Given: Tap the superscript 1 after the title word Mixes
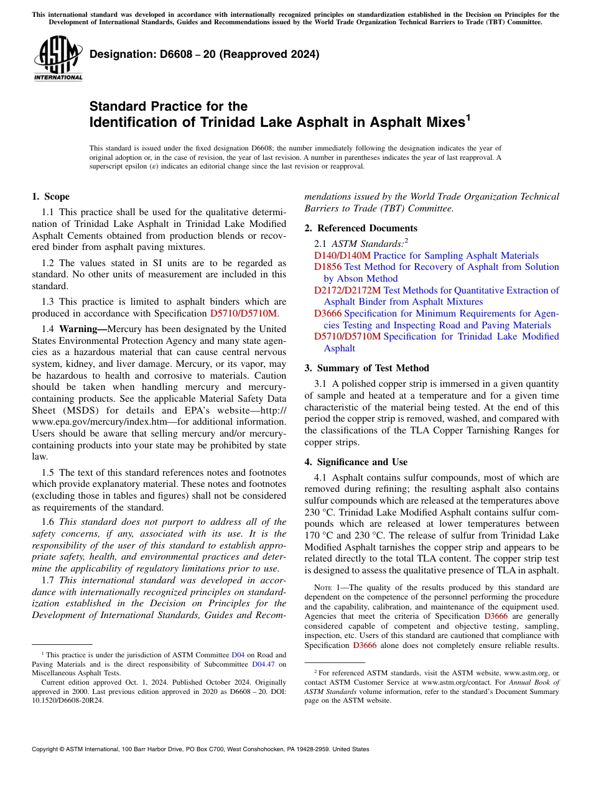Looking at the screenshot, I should point(468,117).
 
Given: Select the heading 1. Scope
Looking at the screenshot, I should point(50,197).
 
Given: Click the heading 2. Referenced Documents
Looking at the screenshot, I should point(361,228).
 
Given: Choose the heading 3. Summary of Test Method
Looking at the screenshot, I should point(366,368).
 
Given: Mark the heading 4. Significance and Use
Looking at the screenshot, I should point(356,462).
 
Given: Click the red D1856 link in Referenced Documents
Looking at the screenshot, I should point(328,267).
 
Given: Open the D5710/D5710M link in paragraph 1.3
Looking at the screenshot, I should point(244,313).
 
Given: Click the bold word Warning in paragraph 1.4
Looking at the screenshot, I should point(83,328).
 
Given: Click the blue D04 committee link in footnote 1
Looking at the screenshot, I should point(238,655).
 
